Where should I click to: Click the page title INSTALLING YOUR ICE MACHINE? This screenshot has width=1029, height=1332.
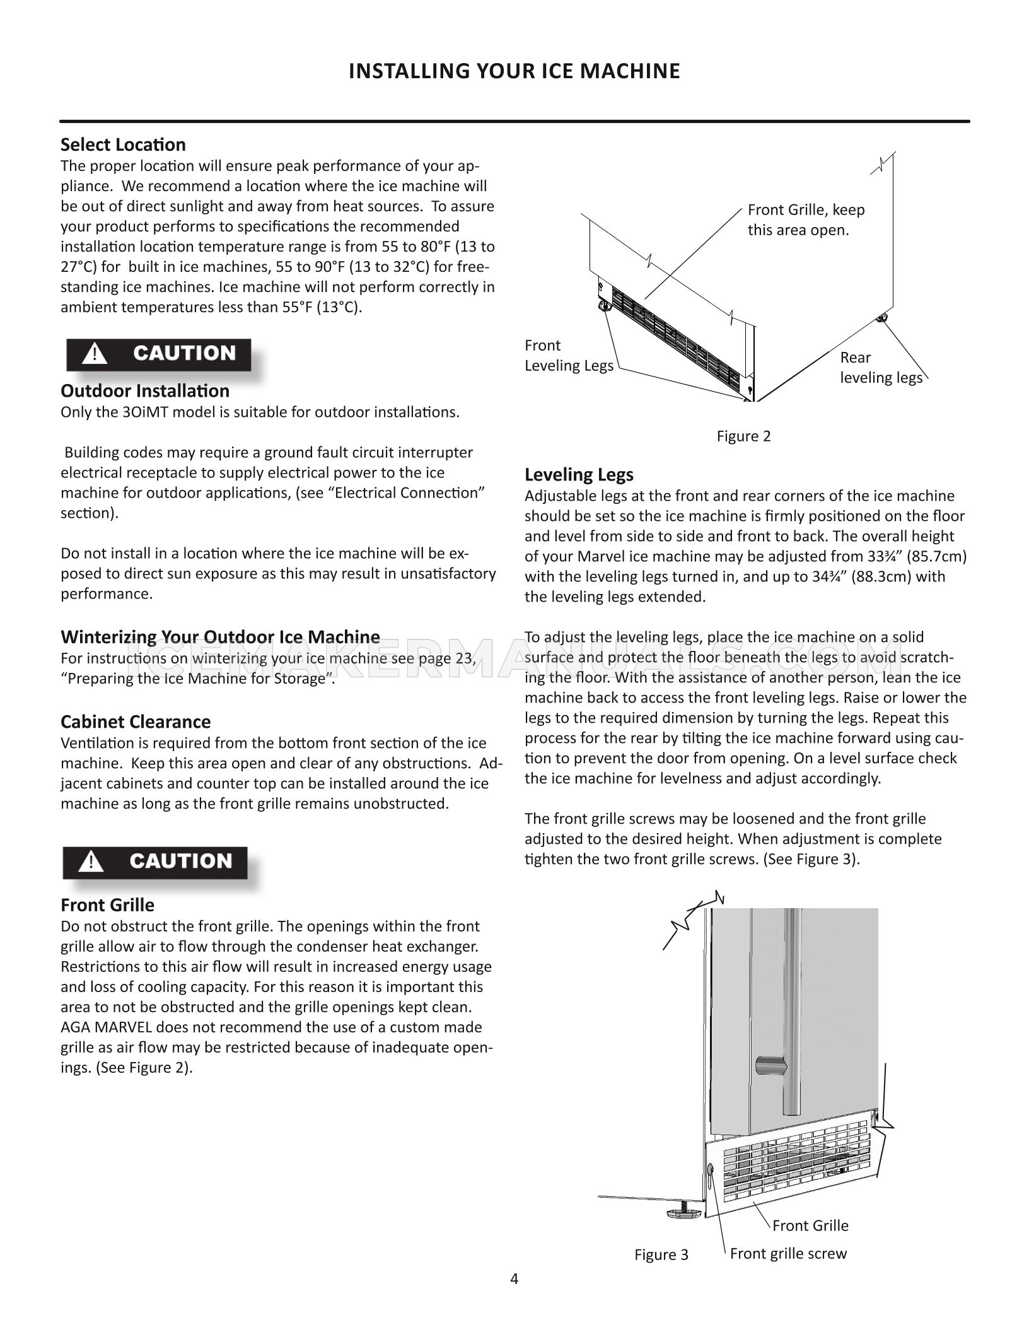click(x=514, y=71)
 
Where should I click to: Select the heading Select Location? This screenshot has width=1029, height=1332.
click(x=123, y=145)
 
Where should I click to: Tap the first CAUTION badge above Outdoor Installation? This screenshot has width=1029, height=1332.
click(x=159, y=354)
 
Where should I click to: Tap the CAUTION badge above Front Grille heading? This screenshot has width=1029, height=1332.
click(x=155, y=862)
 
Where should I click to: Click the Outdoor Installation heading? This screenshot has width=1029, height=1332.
click(x=144, y=391)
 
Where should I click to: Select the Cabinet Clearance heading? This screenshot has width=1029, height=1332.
click(x=136, y=722)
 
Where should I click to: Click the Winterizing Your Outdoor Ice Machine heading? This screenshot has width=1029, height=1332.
click(x=220, y=636)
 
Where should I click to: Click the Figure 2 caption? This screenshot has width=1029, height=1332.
click(x=743, y=436)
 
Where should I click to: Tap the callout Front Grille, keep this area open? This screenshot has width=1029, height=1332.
click(x=805, y=220)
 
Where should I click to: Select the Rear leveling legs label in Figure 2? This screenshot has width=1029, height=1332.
click(x=880, y=368)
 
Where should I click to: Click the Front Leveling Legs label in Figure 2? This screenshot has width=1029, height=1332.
click(x=568, y=356)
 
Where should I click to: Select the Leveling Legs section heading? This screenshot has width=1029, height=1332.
click(x=579, y=475)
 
